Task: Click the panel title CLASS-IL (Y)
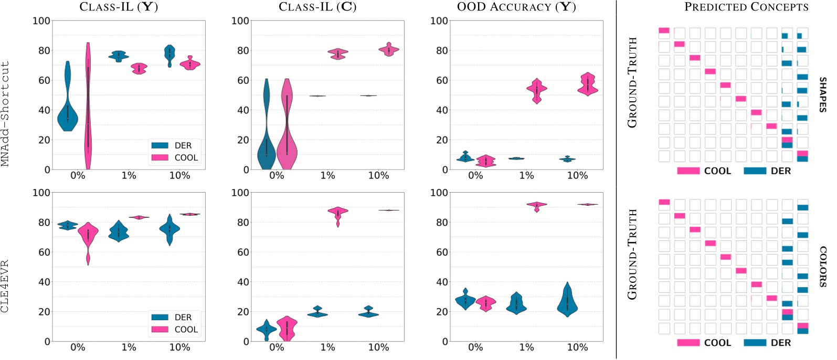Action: [119, 7]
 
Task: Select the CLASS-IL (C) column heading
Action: [317, 7]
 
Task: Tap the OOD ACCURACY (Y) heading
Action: [516, 7]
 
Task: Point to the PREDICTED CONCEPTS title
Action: [746, 7]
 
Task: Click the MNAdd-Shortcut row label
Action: [6, 113]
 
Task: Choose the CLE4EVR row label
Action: [6, 286]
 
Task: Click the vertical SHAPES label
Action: [822, 94]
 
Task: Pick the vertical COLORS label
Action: [822, 267]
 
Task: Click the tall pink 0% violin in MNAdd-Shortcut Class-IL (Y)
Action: [88, 105]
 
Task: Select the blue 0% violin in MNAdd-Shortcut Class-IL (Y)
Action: [67, 113]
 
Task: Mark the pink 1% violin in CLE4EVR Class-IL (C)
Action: [338, 213]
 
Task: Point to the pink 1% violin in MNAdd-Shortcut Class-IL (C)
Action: [338, 54]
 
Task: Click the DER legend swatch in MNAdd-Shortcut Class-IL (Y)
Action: [160, 145]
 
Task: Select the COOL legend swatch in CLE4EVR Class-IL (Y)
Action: [160, 330]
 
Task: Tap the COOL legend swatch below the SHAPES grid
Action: [688, 171]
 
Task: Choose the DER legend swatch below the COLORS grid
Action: [755, 343]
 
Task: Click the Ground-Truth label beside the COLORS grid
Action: [632, 255]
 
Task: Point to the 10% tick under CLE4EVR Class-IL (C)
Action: [378, 347]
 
